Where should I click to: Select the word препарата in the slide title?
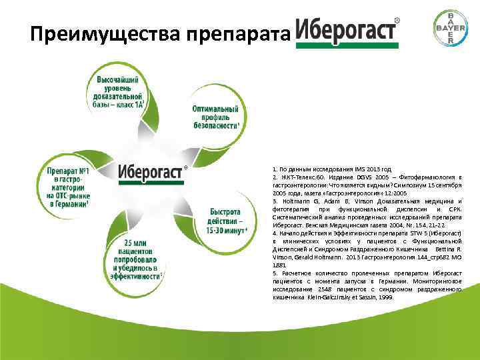[x=235, y=33]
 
